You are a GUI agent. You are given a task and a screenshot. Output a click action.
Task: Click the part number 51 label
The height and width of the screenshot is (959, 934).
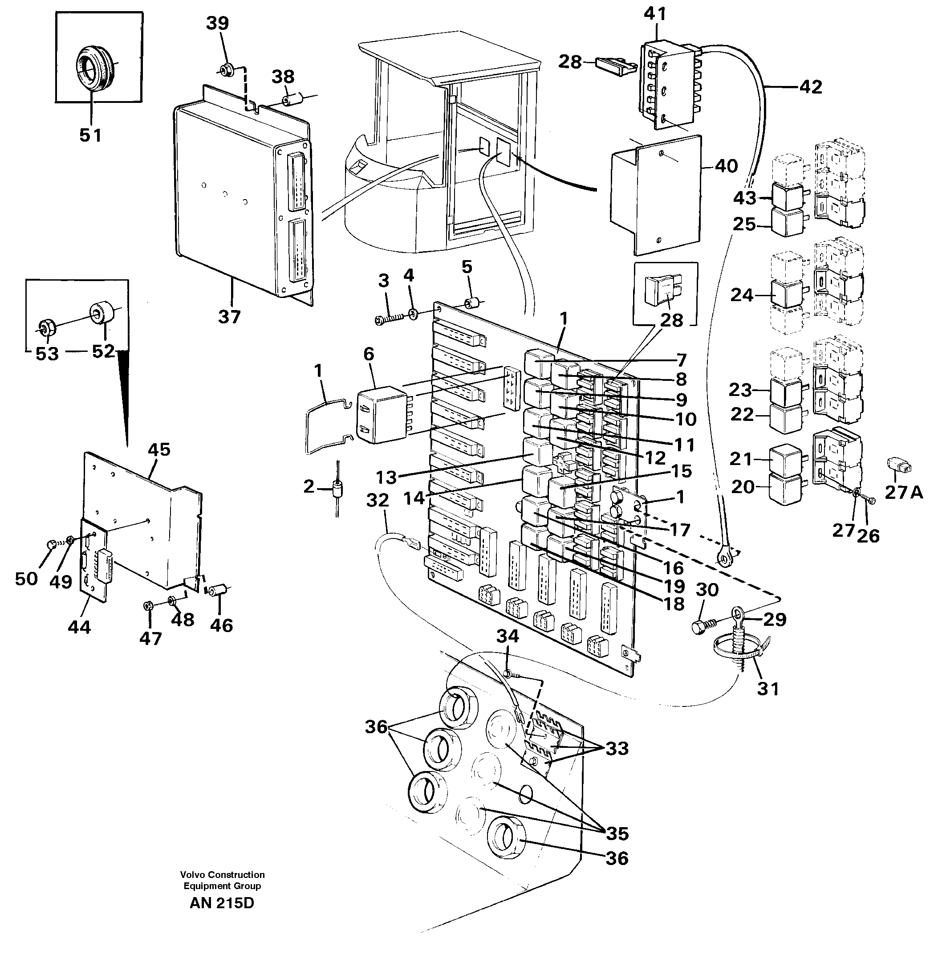click(90, 135)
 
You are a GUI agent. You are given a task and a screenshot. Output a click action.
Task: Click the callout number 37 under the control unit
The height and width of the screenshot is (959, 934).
click(229, 317)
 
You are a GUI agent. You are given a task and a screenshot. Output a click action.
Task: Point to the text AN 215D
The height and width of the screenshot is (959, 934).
click(222, 903)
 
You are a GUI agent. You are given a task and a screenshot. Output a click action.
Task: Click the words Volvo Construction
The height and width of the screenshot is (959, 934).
click(222, 874)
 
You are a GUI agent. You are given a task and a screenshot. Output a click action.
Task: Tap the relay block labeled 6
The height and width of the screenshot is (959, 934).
click(381, 415)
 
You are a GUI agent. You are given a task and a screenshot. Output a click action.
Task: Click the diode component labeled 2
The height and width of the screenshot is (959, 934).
click(337, 490)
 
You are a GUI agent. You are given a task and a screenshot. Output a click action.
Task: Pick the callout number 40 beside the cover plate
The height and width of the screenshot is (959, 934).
click(726, 167)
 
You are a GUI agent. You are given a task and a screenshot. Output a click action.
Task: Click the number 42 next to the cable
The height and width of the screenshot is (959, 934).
click(810, 87)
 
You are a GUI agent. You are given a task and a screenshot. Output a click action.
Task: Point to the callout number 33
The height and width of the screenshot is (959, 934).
click(617, 748)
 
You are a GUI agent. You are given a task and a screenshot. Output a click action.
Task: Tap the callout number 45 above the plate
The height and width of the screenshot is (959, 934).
click(159, 449)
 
